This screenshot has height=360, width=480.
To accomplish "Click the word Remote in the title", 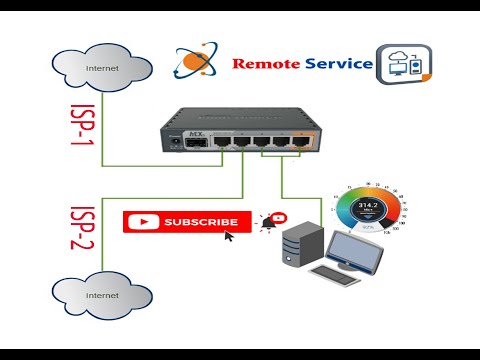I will (267, 64).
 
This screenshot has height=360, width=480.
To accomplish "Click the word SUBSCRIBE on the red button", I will (201, 222).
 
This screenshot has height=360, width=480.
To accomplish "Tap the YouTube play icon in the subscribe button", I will (145, 222).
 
